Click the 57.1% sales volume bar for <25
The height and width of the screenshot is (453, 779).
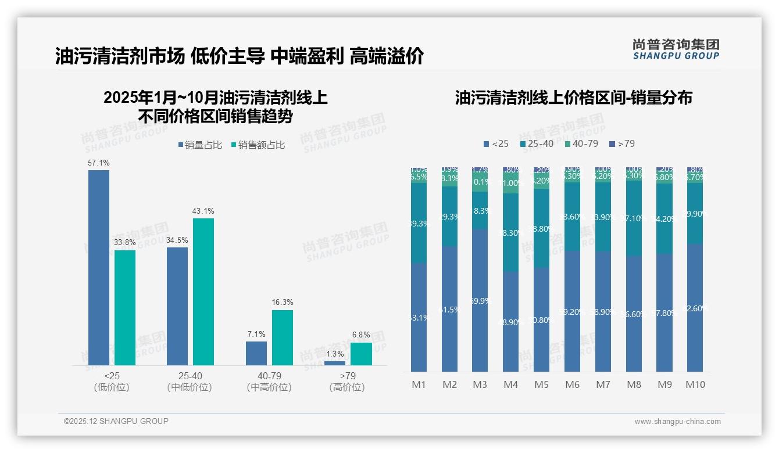click(x=98, y=267)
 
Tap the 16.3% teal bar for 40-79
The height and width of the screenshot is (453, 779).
click(x=282, y=337)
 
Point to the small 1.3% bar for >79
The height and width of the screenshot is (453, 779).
click(x=334, y=363)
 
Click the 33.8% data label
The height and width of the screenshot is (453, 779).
click(x=124, y=243)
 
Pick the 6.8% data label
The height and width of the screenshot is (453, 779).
click(x=361, y=335)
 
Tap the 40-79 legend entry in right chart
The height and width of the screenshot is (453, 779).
click(x=581, y=143)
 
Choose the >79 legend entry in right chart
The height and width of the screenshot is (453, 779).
click(x=622, y=143)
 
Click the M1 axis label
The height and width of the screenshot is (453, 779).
click(x=419, y=384)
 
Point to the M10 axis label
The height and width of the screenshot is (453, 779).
click(x=695, y=384)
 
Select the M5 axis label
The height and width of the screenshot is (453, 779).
click(x=541, y=384)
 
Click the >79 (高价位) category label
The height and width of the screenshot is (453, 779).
click(x=347, y=382)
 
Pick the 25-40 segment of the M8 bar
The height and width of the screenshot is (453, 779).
click(x=633, y=218)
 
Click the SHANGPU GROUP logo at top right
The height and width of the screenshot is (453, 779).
click(x=676, y=49)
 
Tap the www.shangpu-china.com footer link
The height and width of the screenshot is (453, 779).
click(x=677, y=422)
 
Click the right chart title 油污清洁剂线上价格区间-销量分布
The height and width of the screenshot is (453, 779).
click(x=573, y=98)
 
